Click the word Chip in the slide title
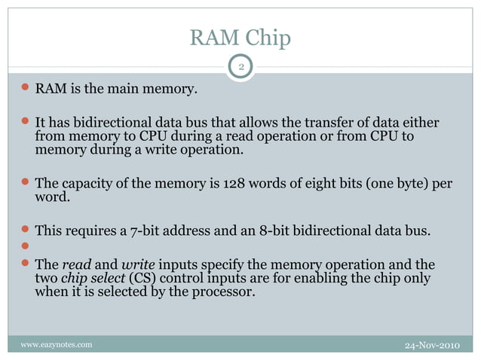[x=265, y=38]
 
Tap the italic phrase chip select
[x=89, y=279]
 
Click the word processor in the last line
[x=222, y=292]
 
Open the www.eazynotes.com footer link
[x=57, y=345]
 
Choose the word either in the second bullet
[x=421, y=123]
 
